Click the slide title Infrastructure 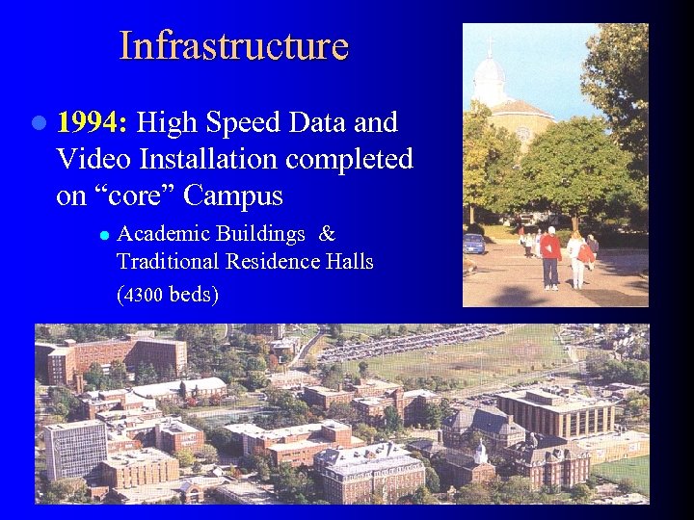[233, 45]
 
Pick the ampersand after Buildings [327, 234]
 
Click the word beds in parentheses [191, 295]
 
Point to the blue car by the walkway [473, 244]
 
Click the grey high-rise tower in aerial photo [74, 447]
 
